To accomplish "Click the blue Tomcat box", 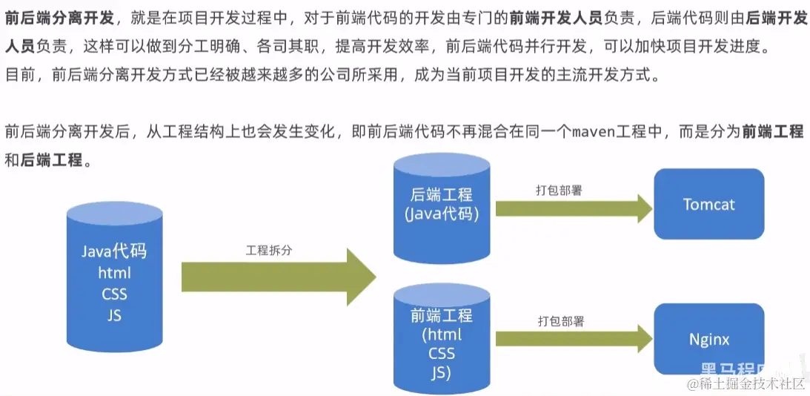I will pyautogui.click(x=708, y=204).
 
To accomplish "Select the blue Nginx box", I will pyautogui.click(x=708, y=339).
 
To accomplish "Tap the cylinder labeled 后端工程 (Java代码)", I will pyautogui.click(x=441, y=204).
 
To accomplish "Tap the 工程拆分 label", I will pyautogui.click(x=269, y=250).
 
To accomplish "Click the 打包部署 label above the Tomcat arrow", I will pyautogui.click(x=559, y=190).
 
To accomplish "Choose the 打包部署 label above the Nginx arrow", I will pyautogui.click(x=560, y=321).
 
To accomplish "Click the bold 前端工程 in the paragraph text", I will pyautogui.click(x=772, y=132).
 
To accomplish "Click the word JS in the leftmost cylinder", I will pyautogui.click(x=114, y=315).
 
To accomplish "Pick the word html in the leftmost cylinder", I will pyautogui.click(x=114, y=273).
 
